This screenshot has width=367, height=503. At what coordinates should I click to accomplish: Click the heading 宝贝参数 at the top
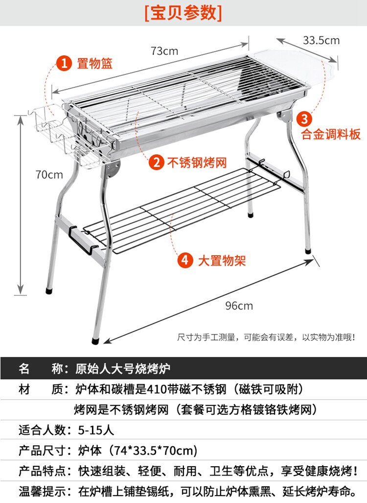click(x=183, y=13)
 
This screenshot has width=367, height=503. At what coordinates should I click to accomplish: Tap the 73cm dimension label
click(x=164, y=51)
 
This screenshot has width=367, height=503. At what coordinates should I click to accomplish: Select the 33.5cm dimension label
click(x=321, y=40)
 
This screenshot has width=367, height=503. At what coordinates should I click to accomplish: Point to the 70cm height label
click(x=49, y=175)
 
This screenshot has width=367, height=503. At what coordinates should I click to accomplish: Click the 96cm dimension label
click(x=239, y=306)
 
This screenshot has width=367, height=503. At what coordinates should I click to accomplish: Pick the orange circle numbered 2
click(x=156, y=162)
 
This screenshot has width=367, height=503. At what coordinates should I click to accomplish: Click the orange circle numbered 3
click(x=304, y=118)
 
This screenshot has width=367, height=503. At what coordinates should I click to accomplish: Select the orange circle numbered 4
click(x=185, y=260)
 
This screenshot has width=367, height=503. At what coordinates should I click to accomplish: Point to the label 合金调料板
click(x=331, y=134)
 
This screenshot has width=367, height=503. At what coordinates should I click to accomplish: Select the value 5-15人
click(x=96, y=430)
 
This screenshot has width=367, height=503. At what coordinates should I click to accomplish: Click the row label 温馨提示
click(x=42, y=491)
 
